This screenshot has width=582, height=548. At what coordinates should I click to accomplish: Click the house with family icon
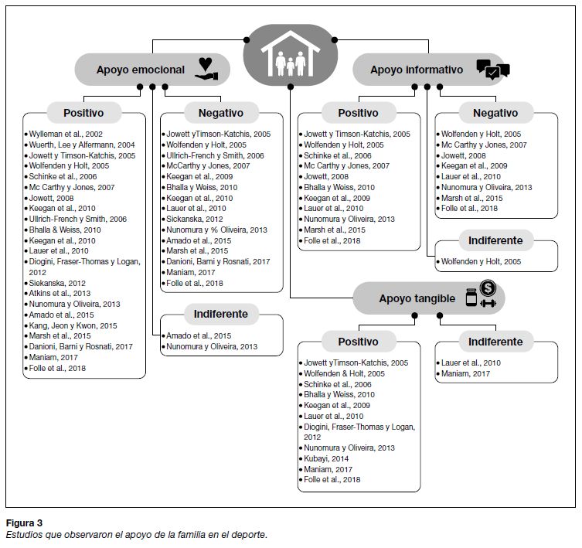tap(291, 56)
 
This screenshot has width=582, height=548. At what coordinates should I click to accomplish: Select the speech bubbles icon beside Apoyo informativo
tap(492, 70)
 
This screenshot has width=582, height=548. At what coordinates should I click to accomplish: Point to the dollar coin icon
tap(488, 288)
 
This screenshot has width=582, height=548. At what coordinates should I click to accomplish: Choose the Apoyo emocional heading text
tap(141, 70)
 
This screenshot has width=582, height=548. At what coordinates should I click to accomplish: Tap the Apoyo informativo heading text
tap(417, 70)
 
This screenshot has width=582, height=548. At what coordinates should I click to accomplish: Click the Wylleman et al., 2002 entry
tap(65, 134)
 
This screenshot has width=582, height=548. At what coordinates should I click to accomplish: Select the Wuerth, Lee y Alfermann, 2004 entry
tap(81, 145)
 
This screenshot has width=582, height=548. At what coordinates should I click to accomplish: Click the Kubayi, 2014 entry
tap(327, 458)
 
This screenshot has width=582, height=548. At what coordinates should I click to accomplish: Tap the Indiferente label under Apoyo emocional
tap(221, 314)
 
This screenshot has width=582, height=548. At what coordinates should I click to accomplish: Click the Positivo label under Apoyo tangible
tap(358, 342)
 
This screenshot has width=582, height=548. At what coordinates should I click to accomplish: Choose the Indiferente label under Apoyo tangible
tap(495, 342)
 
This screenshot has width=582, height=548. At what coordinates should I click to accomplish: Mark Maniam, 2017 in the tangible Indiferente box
tap(465, 373)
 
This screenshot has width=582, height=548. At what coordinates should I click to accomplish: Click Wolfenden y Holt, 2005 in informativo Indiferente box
tap(480, 262)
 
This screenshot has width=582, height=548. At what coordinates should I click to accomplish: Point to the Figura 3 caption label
tap(24, 522)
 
